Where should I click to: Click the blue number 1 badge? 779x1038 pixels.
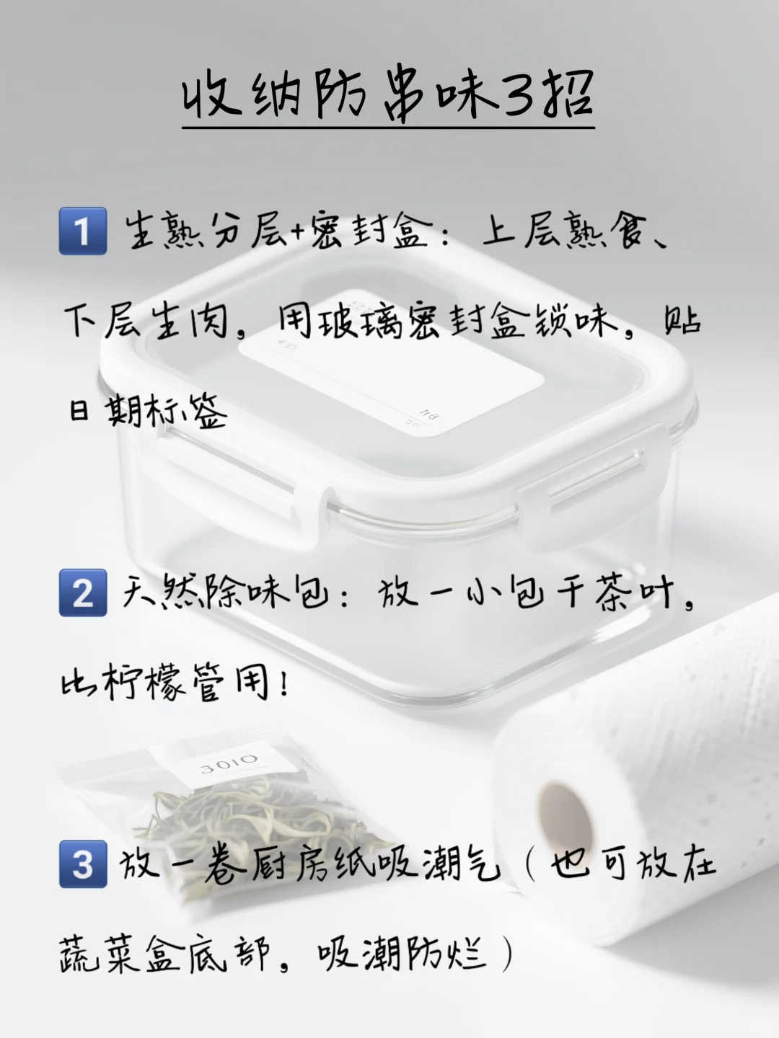coord(83,231)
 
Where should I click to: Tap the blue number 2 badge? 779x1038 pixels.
coord(83,593)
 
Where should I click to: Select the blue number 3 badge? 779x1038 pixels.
coord(83,863)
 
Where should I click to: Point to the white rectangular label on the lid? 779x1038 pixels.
coord(389,382)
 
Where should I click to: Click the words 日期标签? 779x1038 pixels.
coord(148,411)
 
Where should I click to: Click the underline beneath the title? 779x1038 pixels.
coord(388,128)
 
